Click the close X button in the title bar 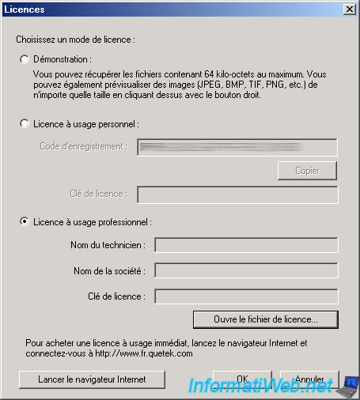[x=348, y=9]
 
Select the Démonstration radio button [x=25, y=59]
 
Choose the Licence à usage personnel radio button [x=25, y=124]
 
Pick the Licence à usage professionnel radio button [x=25, y=222]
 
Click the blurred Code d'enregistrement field [x=237, y=147]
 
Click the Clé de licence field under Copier [x=237, y=194]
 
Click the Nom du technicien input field [x=246, y=245]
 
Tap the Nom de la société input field [x=246, y=270]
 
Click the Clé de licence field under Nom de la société [x=246, y=296]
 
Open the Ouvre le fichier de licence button [x=265, y=320]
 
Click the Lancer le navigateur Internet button [x=92, y=379]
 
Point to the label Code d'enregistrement [x=83, y=146]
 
